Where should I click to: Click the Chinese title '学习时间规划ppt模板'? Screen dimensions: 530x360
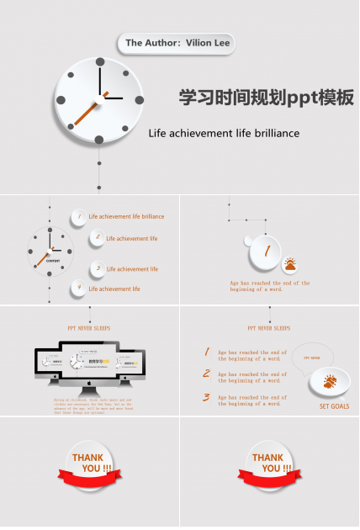[266, 98]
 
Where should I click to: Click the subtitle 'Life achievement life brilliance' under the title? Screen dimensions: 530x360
[224, 133]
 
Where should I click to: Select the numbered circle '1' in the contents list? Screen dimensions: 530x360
[78, 217]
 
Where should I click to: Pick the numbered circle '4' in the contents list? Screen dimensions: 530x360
[78, 289]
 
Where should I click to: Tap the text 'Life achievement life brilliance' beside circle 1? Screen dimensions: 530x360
[126, 217]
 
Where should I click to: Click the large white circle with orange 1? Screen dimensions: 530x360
[266, 250]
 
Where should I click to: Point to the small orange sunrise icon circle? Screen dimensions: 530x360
[289, 266]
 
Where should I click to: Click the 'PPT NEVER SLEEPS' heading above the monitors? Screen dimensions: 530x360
[89, 328]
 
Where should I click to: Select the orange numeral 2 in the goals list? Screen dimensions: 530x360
[206, 374]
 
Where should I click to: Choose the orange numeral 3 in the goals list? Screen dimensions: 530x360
[206, 397]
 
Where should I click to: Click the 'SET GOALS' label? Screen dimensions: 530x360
[334, 406]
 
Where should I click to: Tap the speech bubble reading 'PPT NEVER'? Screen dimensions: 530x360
[312, 357]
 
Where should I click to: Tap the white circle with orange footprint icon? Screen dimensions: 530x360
[329, 381]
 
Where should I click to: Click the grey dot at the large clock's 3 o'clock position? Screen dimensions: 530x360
[140, 99]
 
